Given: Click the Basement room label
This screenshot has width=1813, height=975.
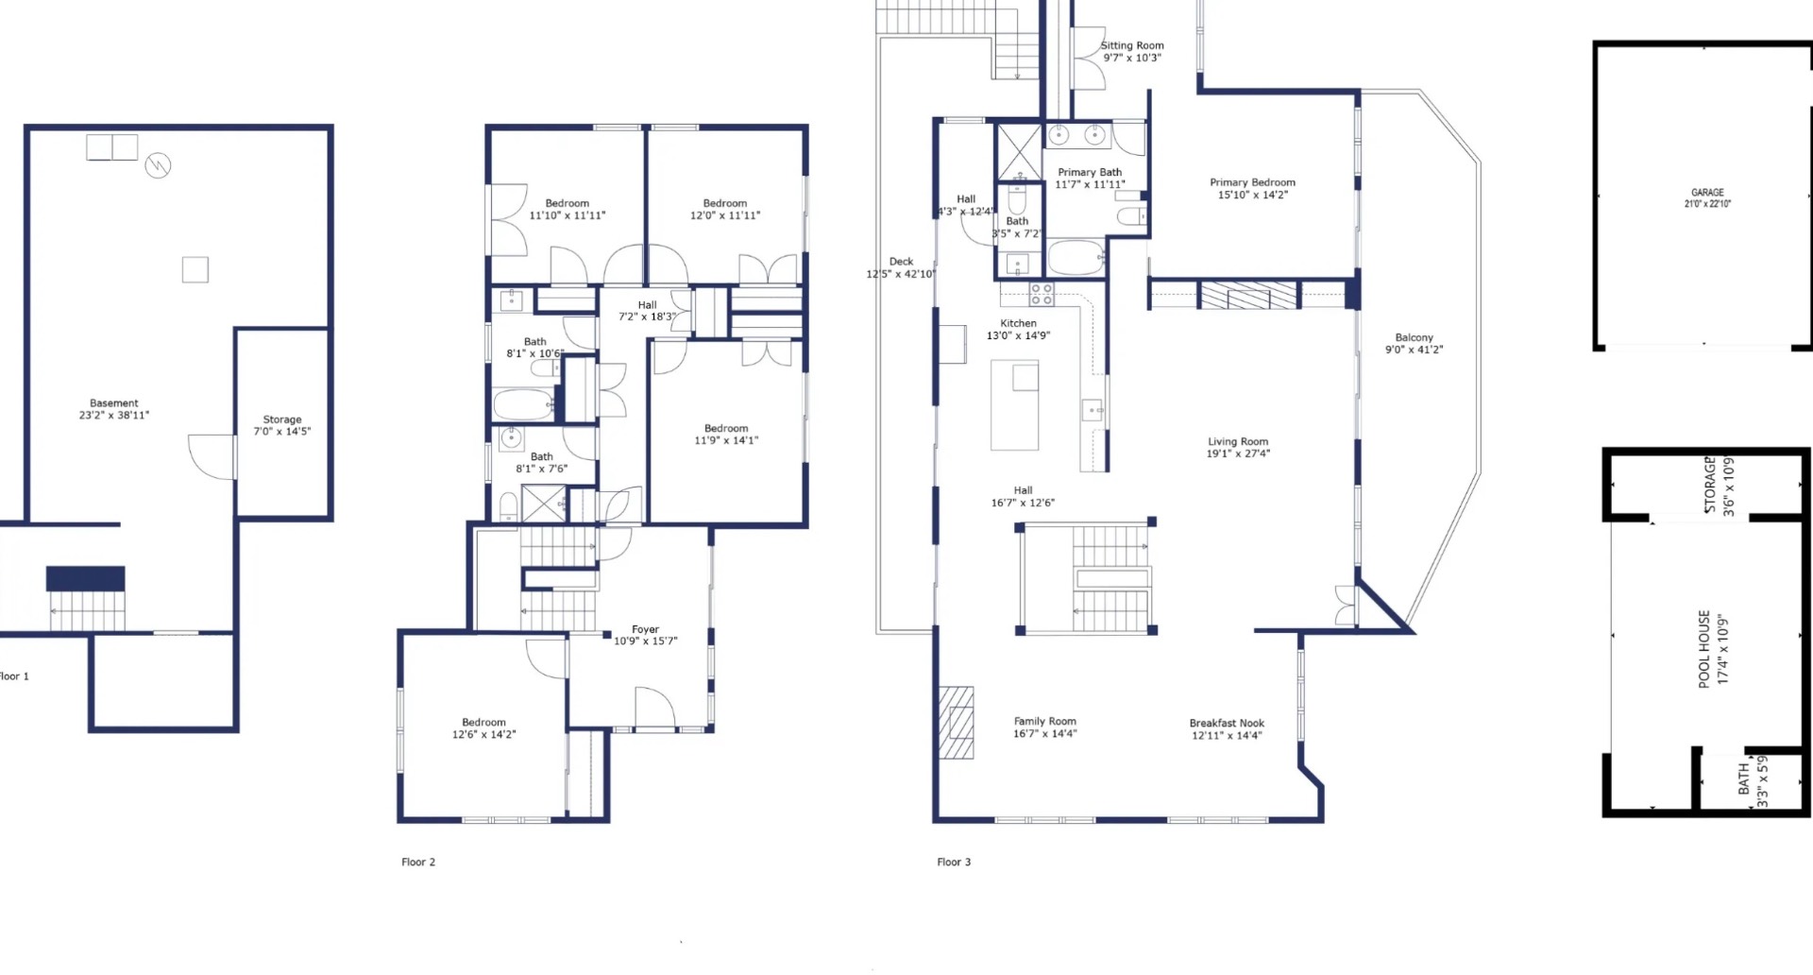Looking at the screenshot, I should point(113,403).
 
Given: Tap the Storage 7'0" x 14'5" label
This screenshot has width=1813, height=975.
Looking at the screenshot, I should point(281,425).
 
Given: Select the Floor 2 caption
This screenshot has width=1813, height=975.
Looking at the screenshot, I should point(418,862).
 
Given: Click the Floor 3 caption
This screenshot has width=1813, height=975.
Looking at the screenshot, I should point(954,862).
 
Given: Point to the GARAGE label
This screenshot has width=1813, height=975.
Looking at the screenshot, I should point(1707,193).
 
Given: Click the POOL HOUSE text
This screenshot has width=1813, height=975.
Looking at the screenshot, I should point(1704,648).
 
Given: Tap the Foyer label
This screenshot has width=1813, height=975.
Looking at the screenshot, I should point(645,629).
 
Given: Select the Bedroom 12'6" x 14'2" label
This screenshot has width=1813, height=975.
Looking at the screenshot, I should point(483,728).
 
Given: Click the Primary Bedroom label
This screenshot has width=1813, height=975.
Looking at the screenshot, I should point(1252,182).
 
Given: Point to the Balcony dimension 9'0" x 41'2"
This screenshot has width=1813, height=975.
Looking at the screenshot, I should point(1414,350).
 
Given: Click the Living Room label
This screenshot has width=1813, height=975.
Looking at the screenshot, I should point(1238,441).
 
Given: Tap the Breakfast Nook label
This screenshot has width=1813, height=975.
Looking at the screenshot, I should point(1227,723).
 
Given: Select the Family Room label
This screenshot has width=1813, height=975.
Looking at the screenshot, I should point(1044,721).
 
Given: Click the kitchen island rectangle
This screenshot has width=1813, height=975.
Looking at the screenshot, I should point(1014,404).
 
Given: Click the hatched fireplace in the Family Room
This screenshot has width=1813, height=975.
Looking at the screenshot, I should point(956,722).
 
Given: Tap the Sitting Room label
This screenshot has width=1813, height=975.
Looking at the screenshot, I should point(1132,45).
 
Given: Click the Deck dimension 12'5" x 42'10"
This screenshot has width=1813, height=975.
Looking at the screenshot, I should point(901,274).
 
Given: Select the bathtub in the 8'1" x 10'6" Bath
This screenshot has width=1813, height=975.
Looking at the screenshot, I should point(523,405).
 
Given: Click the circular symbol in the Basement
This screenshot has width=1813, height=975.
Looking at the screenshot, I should point(158,166).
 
